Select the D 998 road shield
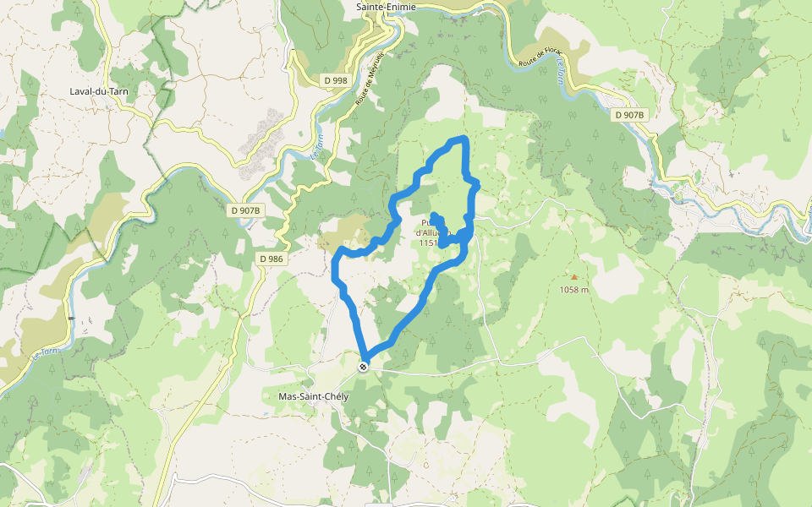click(x=336, y=80)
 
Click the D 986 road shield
click(x=271, y=259)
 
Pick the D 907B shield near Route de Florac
click(x=629, y=114)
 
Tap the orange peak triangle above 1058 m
click(x=574, y=276)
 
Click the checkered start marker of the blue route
click(x=364, y=366)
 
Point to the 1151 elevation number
click(x=427, y=243)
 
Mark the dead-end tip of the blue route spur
click(x=434, y=215)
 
